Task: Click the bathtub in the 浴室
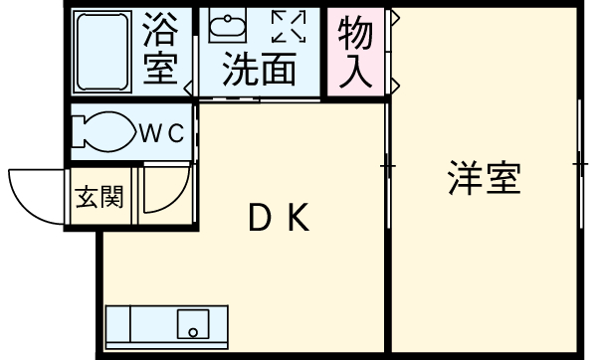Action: point(102,51)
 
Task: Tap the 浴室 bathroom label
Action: point(160,51)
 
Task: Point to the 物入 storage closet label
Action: point(355,53)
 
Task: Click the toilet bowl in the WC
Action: point(104,134)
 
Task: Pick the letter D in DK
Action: point(258,216)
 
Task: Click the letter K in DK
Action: point(300,216)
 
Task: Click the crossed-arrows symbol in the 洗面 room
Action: point(290,27)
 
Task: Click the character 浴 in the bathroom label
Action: point(160,31)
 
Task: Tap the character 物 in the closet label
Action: point(355,34)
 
